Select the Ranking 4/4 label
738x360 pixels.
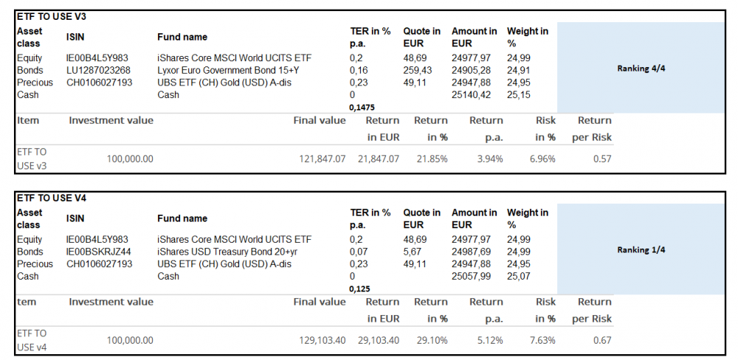point(641,69)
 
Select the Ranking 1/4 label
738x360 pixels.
point(641,250)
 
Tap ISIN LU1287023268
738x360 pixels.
point(100,70)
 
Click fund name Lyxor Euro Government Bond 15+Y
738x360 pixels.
point(229,70)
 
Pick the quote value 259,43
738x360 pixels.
point(418,70)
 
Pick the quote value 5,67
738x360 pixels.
point(413,252)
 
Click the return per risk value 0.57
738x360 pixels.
point(602,159)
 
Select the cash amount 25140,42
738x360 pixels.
point(469,94)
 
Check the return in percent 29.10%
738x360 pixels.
point(433,340)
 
